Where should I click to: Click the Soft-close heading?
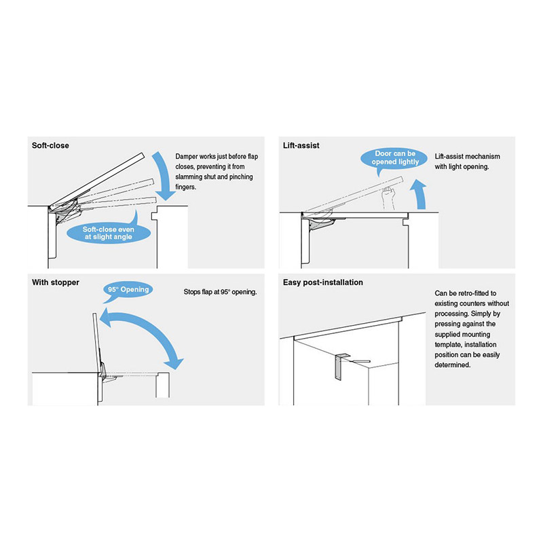tap(50, 145)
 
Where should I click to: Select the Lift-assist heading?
tap(301, 145)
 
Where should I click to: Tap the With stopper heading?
tap(56, 282)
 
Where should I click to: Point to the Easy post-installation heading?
tap(323, 282)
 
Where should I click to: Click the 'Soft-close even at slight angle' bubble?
tap(109, 233)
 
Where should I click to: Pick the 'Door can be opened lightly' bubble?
tap(395, 158)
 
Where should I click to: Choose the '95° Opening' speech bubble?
tap(128, 291)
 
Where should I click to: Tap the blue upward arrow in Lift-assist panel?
tap(419, 195)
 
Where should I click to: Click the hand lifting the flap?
tap(388, 198)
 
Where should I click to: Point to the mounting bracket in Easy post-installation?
tap(342, 367)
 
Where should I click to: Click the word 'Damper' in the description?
tap(186, 157)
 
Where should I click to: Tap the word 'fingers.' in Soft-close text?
tap(185, 187)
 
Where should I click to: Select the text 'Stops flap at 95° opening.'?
tap(220, 292)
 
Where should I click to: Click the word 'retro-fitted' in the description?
tap(477, 293)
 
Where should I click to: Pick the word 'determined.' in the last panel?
tap(452, 365)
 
